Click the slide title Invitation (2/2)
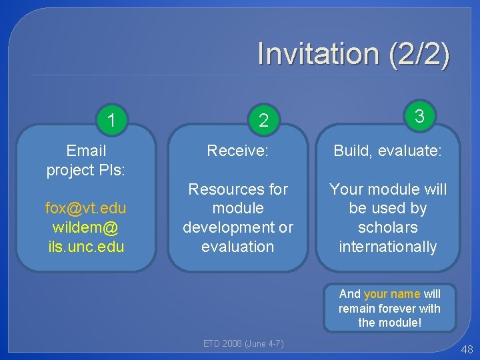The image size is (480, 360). click(x=353, y=54)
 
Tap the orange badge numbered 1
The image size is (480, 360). click(x=113, y=120)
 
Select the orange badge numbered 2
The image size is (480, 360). click(x=264, y=120)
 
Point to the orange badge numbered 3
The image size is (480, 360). click(x=419, y=116)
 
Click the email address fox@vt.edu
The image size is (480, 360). click(x=85, y=208)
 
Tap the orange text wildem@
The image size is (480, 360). click(x=85, y=227)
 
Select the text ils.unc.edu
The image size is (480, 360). click(x=85, y=246)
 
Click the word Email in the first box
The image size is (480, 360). click(x=87, y=151)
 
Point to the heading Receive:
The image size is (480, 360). click(x=238, y=151)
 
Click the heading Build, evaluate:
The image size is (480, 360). click(x=387, y=151)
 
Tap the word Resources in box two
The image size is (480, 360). click(x=238, y=189)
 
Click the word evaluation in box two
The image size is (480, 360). click(x=238, y=246)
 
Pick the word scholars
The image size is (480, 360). click(x=387, y=227)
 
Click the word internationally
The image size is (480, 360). click(x=387, y=246)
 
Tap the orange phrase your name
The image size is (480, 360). click(x=392, y=293)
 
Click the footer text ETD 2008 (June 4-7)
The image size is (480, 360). click(x=243, y=344)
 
